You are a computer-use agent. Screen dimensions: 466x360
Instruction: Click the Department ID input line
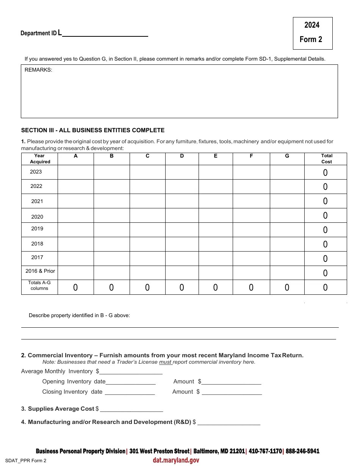tap(105, 33)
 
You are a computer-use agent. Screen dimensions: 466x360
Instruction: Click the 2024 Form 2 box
tap(312, 33)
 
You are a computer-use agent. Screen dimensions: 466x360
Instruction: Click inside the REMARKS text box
tap(179, 93)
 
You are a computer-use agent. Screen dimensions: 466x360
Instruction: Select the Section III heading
tap(93, 130)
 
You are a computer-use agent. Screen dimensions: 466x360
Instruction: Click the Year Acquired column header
tap(39, 159)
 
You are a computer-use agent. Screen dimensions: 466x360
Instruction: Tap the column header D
tap(182, 156)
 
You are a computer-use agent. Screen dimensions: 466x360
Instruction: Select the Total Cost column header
tap(326, 159)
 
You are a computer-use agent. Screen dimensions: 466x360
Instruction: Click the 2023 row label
tap(36, 172)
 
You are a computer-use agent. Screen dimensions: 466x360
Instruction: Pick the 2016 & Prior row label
tap(40, 271)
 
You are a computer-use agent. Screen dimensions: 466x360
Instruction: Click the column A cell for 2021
tap(75, 201)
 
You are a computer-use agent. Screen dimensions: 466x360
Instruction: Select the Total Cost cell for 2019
tap(325, 230)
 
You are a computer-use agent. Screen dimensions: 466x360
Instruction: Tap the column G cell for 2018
tap(287, 244)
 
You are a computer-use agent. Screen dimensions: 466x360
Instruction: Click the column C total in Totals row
tap(147, 288)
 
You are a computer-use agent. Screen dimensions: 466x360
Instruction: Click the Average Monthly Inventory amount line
tap(131, 372)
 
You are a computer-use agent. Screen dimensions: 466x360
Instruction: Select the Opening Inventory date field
tap(130, 382)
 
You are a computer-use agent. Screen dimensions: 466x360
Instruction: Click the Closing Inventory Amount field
tap(232, 392)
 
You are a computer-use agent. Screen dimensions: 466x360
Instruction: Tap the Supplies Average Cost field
tap(131, 409)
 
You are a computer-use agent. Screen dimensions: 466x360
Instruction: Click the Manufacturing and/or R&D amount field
tap(229, 422)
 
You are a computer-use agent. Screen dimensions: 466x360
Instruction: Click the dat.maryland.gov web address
tap(176, 460)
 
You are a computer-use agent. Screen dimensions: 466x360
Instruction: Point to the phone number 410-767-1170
tap(265, 451)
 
